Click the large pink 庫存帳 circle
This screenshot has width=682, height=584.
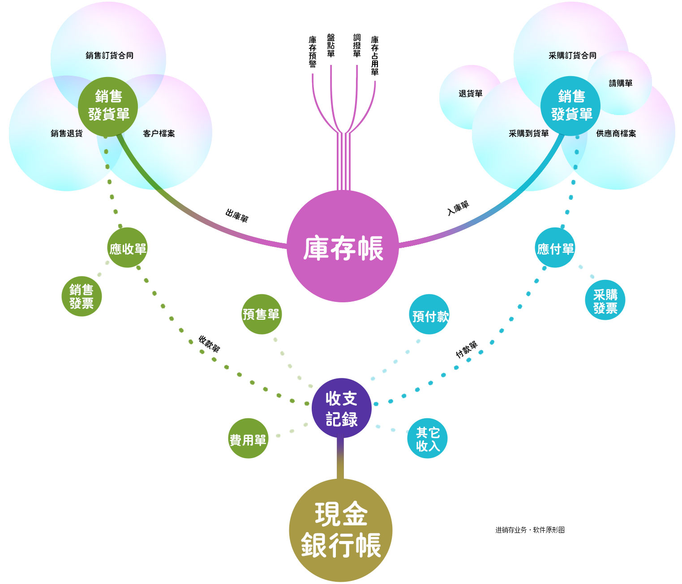[343, 246]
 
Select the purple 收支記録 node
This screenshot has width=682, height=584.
[342, 408]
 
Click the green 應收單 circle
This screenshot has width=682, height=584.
[128, 248]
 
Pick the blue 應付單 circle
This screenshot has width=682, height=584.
[555, 248]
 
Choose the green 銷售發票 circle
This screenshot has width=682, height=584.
[81, 296]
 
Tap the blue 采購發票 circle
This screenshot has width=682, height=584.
[605, 300]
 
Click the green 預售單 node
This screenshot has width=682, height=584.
[262, 314]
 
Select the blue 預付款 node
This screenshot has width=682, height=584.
[429, 314]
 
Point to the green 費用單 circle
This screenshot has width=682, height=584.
[248, 438]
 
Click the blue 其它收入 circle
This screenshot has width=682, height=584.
[428, 438]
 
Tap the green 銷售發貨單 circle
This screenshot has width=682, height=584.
[108, 106]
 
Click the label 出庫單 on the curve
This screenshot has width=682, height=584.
[236, 216]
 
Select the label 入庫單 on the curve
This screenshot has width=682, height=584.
[458, 208]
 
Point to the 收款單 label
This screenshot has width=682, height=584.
[209, 344]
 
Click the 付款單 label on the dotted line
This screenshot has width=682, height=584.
[467, 349]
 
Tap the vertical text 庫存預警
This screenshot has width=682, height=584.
[313, 52]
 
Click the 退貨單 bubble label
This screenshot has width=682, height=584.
[471, 94]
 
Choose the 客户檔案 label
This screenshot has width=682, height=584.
[159, 133]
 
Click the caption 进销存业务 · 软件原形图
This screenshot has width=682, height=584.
[530, 530]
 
